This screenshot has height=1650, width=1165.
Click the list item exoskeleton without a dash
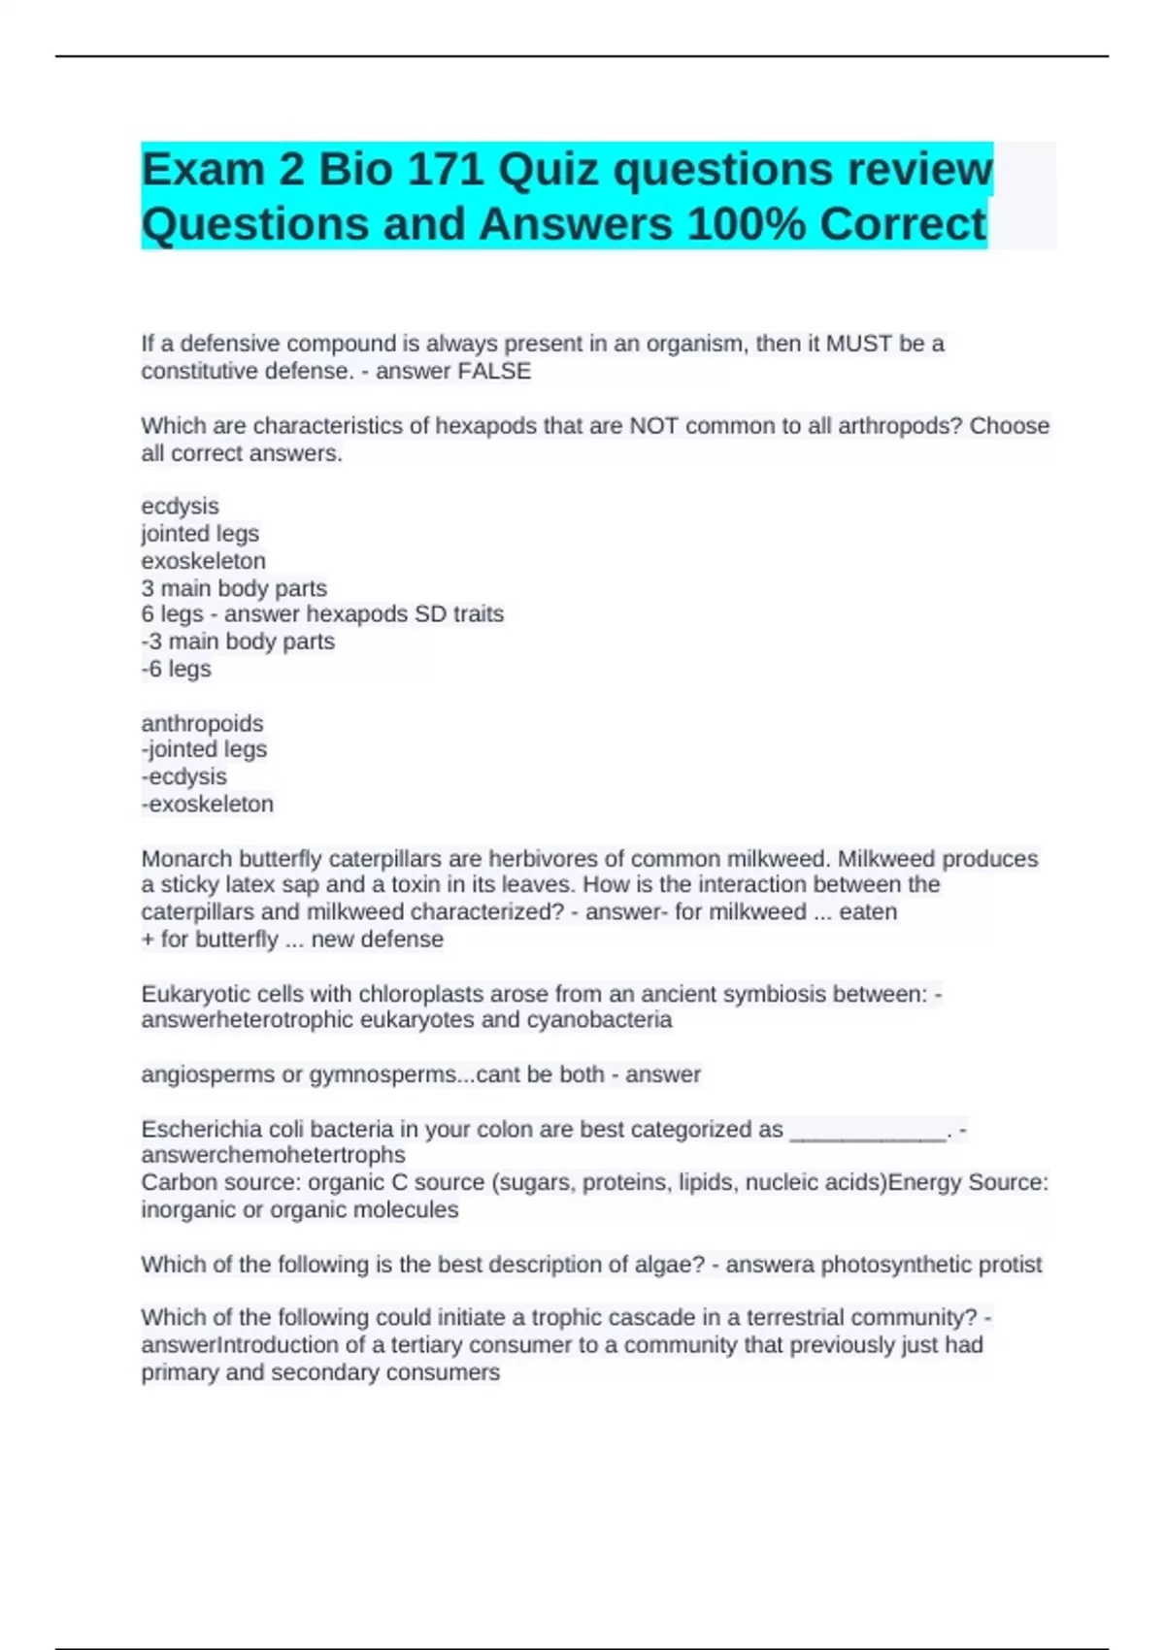[x=203, y=561]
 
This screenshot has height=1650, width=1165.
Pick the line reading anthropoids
[x=202, y=723]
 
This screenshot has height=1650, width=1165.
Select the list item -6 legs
[x=176, y=669]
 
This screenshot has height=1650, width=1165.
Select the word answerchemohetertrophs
[x=273, y=1155]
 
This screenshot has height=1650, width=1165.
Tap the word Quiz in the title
[x=549, y=170]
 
